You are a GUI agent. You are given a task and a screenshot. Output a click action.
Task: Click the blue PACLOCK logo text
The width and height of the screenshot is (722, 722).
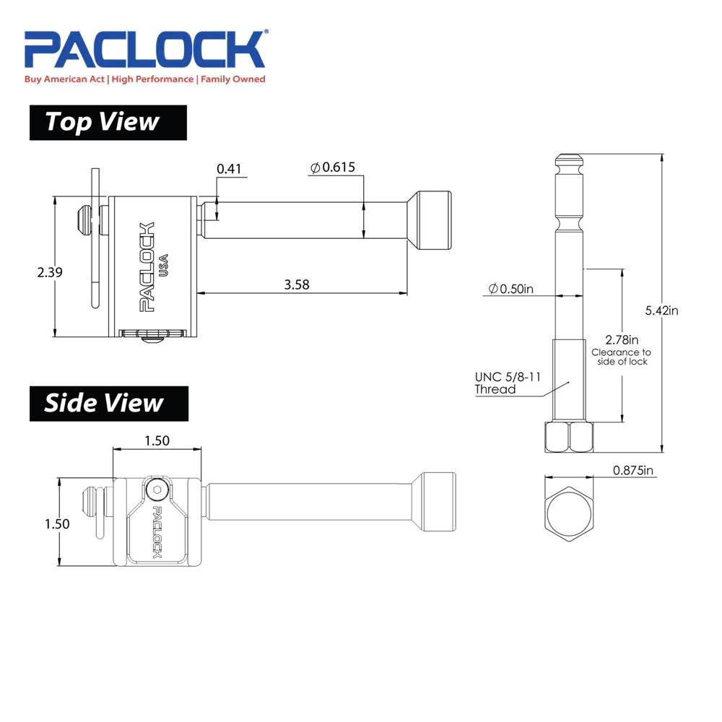(x=144, y=50)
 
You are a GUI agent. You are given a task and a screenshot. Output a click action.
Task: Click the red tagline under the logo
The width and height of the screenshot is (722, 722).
(x=144, y=79)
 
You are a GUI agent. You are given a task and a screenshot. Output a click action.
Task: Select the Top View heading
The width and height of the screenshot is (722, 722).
(x=108, y=122)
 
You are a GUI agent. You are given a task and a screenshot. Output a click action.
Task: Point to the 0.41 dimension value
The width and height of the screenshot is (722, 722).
(x=229, y=169)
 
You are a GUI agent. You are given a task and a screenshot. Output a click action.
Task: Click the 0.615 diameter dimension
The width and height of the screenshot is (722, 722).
(x=333, y=168)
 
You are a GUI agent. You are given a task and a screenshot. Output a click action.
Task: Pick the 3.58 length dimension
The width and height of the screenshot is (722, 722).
(x=297, y=284)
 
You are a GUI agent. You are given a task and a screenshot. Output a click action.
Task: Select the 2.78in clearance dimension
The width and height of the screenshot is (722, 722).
(x=622, y=339)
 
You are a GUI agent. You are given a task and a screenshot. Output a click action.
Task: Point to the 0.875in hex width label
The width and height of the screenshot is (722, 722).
(x=633, y=471)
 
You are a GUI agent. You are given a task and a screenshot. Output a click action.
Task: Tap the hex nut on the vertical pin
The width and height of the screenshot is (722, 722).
(x=568, y=437)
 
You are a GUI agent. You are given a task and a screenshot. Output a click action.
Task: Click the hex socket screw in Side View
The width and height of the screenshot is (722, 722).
(x=158, y=490)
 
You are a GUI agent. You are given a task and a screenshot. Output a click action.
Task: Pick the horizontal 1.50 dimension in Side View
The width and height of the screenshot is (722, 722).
(x=156, y=441)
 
